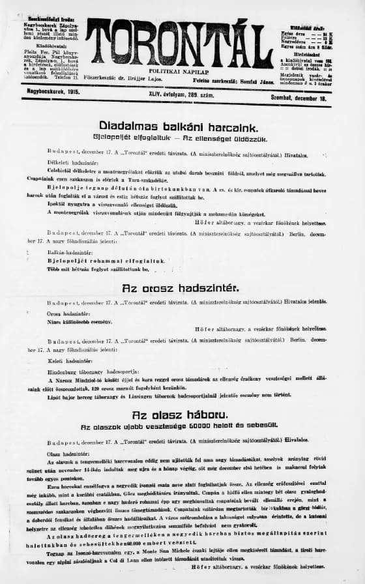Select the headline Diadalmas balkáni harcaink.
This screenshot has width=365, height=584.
[179, 126]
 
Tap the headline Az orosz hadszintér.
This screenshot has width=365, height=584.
[181, 287]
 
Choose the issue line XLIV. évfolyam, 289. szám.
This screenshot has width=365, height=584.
[176, 96]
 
